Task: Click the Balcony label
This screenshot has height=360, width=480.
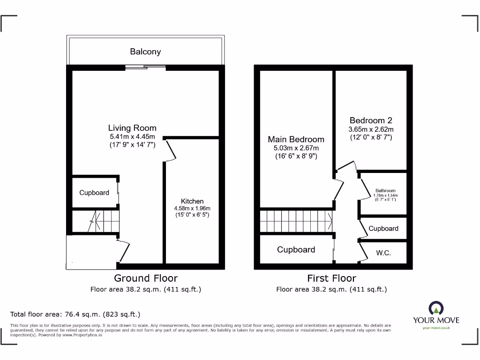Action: (x=145, y=52)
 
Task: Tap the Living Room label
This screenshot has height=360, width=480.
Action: (x=132, y=128)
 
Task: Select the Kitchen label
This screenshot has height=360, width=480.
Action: (x=192, y=201)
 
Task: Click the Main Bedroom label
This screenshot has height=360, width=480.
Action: (x=296, y=139)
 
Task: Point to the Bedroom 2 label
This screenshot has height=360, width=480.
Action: (x=371, y=120)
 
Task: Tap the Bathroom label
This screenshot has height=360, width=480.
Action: (x=385, y=191)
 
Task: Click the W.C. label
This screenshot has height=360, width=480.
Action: (x=383, y=253)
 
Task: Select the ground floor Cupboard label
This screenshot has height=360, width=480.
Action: (x=94, y=193)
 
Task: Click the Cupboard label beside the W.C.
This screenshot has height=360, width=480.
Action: (x=383, y=228)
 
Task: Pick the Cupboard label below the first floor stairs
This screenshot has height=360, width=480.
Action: (x=296, y=249)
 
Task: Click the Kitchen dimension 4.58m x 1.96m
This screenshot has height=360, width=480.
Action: (x=192, y=209)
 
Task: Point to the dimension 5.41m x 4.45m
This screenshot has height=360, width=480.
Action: (x=132, y=137)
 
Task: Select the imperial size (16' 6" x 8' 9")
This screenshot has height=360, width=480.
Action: (x=296, y=157)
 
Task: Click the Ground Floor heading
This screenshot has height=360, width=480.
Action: (x=146, y=278)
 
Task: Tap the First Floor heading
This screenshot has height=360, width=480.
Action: (x=331, y=278)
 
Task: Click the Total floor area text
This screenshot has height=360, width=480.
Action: (x=75, y=314)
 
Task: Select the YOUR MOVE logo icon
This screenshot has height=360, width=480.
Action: (x=436, y=308)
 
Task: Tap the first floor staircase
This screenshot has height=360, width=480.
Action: (x=296, y=220)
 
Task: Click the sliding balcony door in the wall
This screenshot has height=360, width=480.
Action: (x=145, y=67)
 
